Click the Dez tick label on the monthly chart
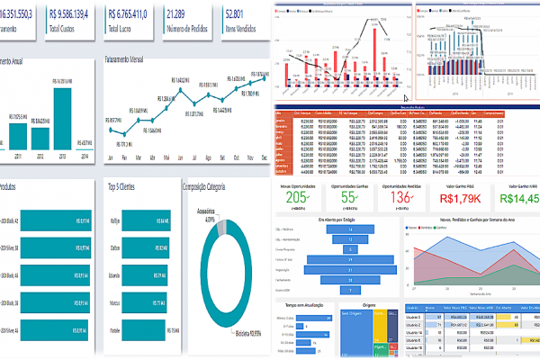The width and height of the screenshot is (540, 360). point(265,156)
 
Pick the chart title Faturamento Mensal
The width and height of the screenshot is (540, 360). point(136,60)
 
